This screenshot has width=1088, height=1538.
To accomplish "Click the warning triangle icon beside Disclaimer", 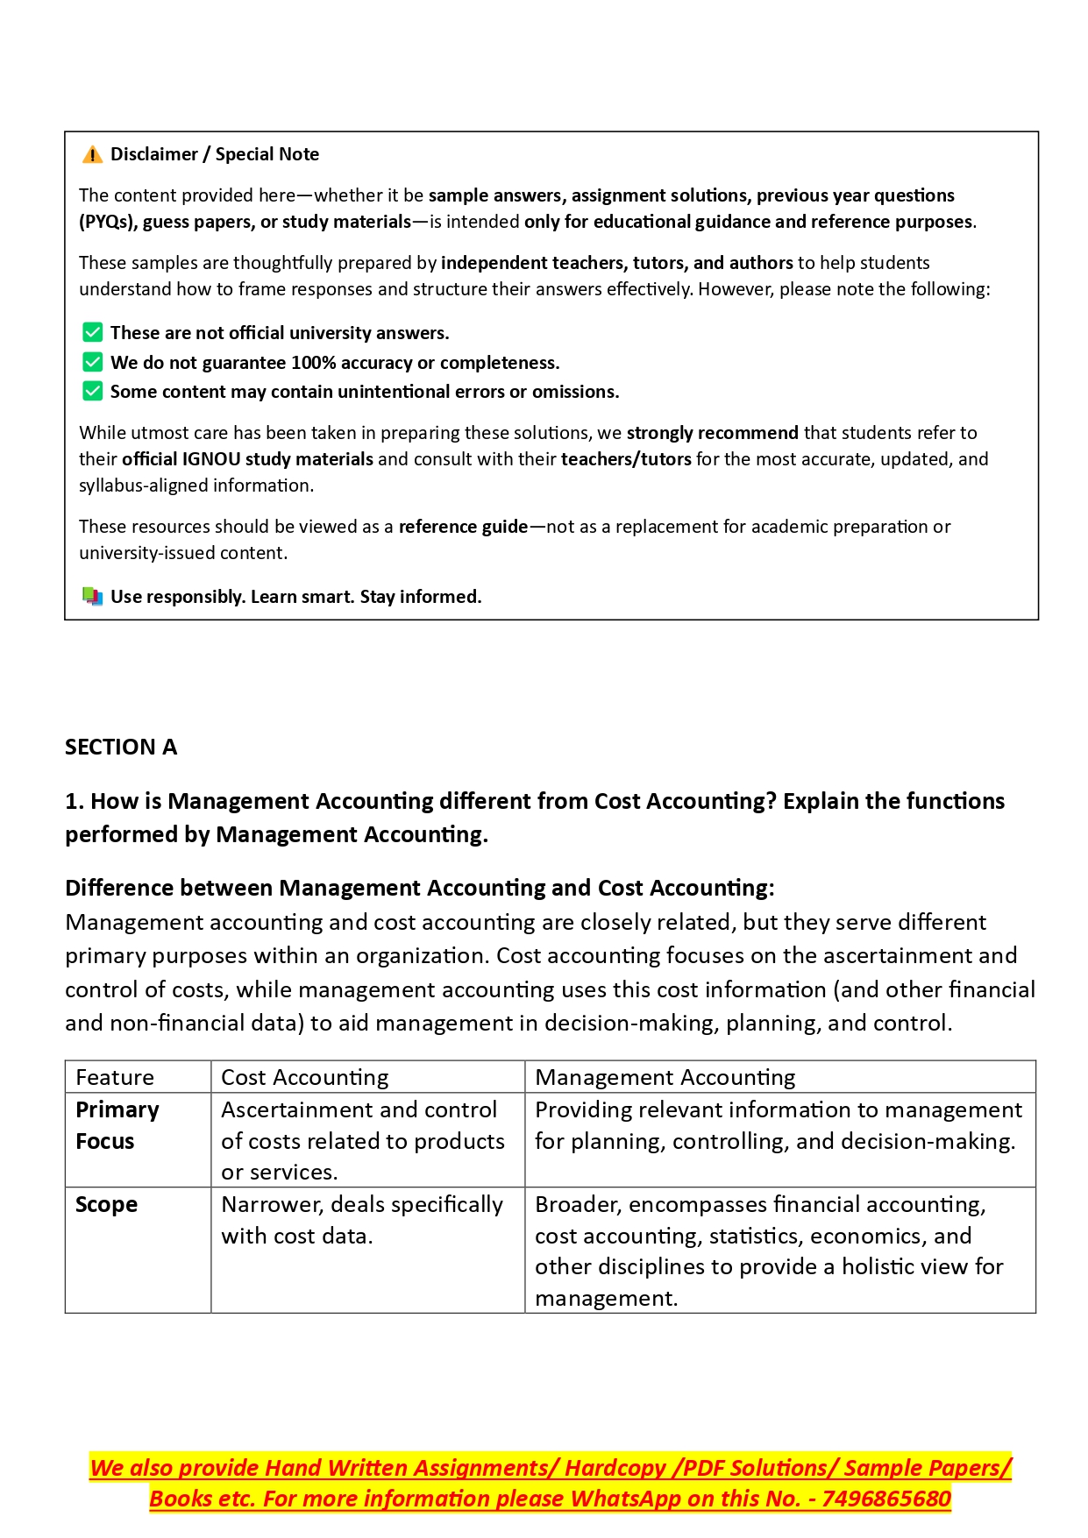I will point(92,155).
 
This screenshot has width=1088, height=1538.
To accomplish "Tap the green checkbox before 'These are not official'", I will point(92,333).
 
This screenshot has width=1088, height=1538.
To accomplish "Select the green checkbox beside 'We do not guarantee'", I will point(92,363).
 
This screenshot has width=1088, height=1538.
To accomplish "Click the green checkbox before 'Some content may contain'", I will point(92,392).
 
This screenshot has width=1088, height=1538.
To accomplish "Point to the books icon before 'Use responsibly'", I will point(92,597).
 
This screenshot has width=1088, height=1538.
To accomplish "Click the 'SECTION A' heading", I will point(121,748).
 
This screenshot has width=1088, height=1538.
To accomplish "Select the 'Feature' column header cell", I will point(115,1077).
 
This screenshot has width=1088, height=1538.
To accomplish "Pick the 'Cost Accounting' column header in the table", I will point(304,1077).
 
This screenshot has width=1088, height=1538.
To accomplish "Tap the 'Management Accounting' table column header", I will point(665,1077).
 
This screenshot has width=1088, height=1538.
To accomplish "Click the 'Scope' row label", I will point(106,1205).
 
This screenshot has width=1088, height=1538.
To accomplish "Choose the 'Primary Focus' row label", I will point(117,1126).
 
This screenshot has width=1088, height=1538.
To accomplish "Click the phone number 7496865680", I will point(885,1499).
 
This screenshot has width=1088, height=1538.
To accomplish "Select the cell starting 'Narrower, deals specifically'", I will point(362,1220).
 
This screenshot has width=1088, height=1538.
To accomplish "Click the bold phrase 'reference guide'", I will point(463,527).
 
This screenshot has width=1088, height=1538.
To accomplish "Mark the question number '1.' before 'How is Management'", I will point(75,802).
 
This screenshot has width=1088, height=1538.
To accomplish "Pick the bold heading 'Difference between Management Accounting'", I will point(419,889).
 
